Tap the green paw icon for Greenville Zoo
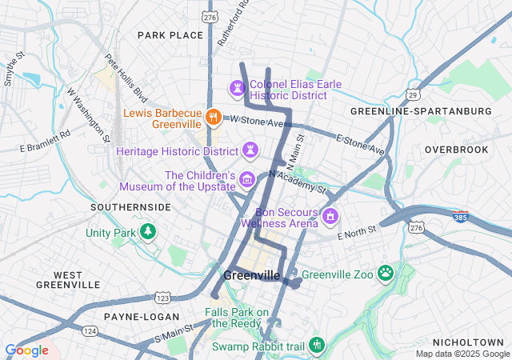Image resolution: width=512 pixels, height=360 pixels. [x=386, y=274]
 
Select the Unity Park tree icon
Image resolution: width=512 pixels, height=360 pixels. [x=147, y=232]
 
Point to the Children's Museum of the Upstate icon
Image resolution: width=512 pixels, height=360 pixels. [x=247, y=179]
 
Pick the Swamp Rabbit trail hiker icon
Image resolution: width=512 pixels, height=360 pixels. [x=316, y=345]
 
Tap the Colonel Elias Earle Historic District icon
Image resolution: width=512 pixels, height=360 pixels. [x=238, y=86]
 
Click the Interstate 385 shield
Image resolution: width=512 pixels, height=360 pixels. [x=462, y=216]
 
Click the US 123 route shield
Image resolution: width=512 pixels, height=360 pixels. [x=162, y=298]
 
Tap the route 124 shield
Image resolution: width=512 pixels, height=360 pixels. [x=89, y=330]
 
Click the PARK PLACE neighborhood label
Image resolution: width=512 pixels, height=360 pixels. [x=170, y=35]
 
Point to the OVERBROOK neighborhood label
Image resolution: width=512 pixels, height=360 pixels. [x=455, y=150]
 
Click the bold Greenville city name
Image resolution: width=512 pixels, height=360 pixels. [x=252, y=275]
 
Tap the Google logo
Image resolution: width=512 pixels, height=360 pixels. [x=26, y=350]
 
